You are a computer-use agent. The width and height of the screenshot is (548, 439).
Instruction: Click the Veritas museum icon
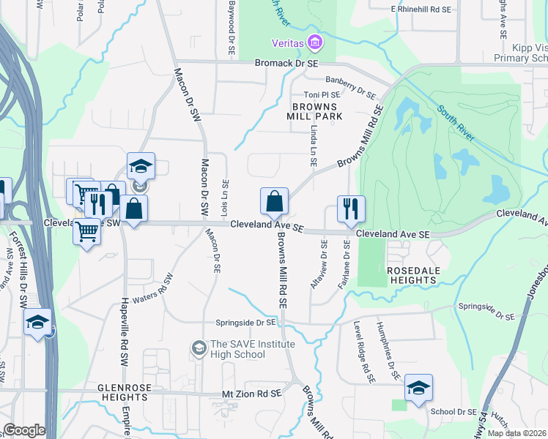[316, 44]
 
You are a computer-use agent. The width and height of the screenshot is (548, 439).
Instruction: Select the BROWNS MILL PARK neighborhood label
[314, 111]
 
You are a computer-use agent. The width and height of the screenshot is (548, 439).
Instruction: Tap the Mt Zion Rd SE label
[251, 394]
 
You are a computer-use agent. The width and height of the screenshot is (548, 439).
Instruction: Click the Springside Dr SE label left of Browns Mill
[246, 322]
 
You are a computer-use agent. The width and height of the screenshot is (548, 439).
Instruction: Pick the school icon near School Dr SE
[418, 387]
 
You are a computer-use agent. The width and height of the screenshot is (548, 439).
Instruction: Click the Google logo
[24, 430]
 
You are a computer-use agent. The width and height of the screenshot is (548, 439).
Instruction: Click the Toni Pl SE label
[322, 95]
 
